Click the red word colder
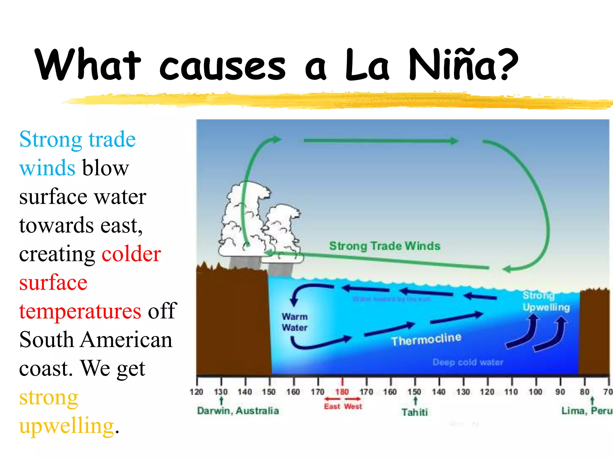(131, 254)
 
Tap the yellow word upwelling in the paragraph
(66, 426)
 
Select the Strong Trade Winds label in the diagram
(385, 246)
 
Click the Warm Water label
(295, 322)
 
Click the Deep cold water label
(468, 362)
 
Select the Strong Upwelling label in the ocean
(545, 301)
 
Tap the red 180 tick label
(342, 392)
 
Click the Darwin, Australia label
(238, 411)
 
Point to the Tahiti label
(415, 412)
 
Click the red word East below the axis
(332, 406)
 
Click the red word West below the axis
(353, 406)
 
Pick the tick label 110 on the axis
(511, 392)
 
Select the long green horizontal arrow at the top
(380, 141)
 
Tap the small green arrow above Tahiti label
(415, 401)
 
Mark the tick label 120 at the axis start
(196, 392)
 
